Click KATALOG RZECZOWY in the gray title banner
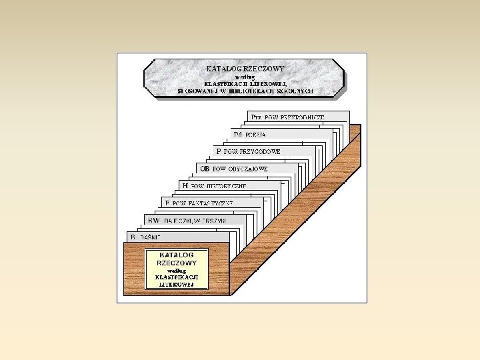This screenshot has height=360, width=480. (x=245, y=68)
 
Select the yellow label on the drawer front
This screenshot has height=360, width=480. (x=176, y=269)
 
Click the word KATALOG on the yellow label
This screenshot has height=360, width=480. (x=176, y=255)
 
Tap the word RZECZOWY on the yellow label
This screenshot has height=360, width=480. (x=176, y=263)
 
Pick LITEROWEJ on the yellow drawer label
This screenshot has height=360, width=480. (x=176, y=284)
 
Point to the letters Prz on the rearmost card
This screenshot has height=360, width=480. (x=257, y=117)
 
